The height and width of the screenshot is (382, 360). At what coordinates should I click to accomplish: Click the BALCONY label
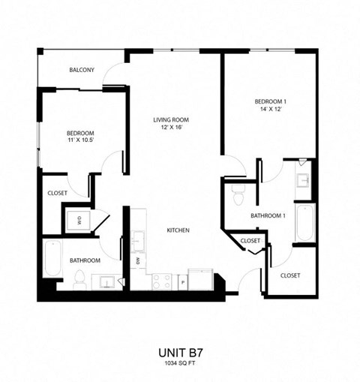[81, 70]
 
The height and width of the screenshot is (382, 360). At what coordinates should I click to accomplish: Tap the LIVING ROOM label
[170, 120]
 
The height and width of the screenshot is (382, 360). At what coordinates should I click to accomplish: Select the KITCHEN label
[178, 230]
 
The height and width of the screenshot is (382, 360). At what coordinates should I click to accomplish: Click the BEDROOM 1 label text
[269, 101]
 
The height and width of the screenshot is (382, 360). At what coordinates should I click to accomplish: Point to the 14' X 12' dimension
[269, 110]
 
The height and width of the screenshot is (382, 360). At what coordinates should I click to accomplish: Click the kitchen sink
[137, 241]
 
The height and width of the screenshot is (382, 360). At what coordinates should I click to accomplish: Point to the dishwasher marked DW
[138, 260]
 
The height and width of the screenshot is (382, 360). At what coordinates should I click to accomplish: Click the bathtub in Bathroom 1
[304, 222]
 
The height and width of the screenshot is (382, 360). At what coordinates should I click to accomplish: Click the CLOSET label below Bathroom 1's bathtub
[290, 275]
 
